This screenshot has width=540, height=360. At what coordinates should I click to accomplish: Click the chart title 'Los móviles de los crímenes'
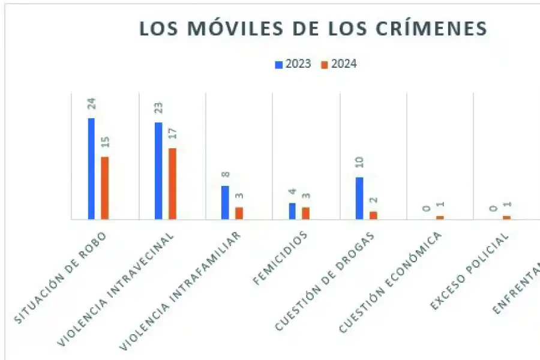[313, 29]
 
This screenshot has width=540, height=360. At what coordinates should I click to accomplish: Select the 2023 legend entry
[293, 64]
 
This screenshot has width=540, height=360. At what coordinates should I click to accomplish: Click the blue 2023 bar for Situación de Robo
[91, 169]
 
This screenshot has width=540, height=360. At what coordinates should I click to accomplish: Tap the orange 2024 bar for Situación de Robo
[105, 188]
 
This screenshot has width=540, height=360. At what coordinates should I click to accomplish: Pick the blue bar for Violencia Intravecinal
[158, 171]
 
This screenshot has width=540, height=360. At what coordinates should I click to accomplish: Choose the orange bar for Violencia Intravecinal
[172, 184]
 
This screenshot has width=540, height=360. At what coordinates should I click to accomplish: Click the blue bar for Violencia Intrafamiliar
[225, 203]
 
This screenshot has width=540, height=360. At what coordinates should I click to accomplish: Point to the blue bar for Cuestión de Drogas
[359, 199]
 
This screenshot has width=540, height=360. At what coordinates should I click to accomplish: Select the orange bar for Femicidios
[306, 213]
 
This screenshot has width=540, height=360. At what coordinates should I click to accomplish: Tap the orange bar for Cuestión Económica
[440, 217]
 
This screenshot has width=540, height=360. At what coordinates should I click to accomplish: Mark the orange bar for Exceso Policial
[507, 217]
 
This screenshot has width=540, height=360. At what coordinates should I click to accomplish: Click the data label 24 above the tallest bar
[92, 103]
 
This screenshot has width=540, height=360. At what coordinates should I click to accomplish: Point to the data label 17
[173, 133]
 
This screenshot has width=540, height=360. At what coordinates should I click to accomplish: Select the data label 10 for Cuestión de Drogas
[360, 163]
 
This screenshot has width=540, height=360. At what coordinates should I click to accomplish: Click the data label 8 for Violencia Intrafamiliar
[226, 175]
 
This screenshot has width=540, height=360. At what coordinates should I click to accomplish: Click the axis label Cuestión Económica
[392, 282]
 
